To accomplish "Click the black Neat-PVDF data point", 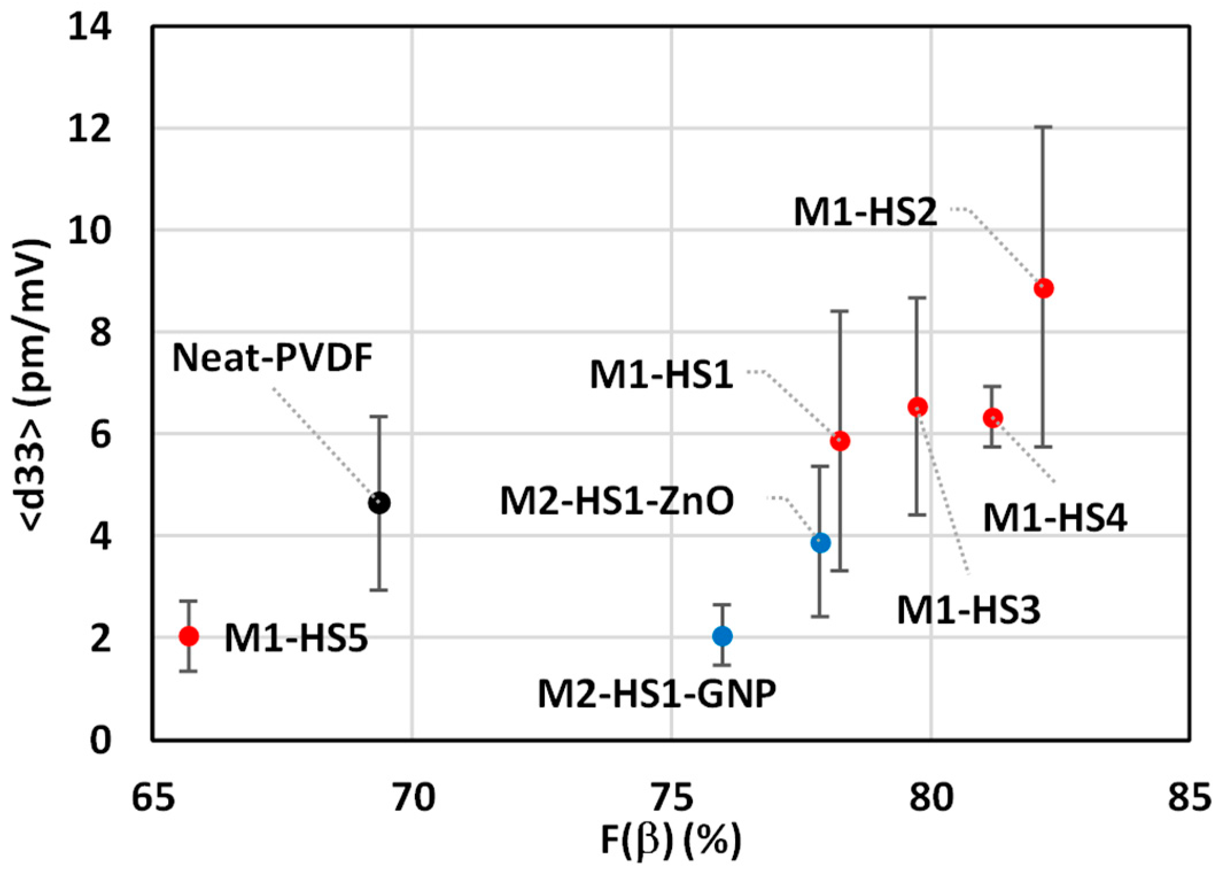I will pos(379,503).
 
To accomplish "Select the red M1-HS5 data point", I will pos(189,636).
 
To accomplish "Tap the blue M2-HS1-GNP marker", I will pos(722,635).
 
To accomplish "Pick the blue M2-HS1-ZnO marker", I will pos(821,542).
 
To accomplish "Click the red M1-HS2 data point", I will pos(1043,288).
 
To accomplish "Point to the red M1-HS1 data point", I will pos(840,441).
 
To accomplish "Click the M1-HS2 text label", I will pos(865,212).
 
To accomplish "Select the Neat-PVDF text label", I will pos(273,358).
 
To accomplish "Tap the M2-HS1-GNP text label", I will pos(657,693).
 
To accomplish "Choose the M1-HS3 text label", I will pos(968,610).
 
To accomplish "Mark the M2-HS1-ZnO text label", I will pos(617,500).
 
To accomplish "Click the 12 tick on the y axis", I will pos(89,129).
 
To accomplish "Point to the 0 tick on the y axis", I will pos(100,740).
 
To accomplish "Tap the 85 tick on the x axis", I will pos(1189,798).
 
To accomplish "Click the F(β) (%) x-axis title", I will pos(670,841).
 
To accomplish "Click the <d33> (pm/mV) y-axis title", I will pos(32,385).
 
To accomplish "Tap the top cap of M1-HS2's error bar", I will pos(1043,127).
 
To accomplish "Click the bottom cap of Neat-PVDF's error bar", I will pos(379,589).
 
